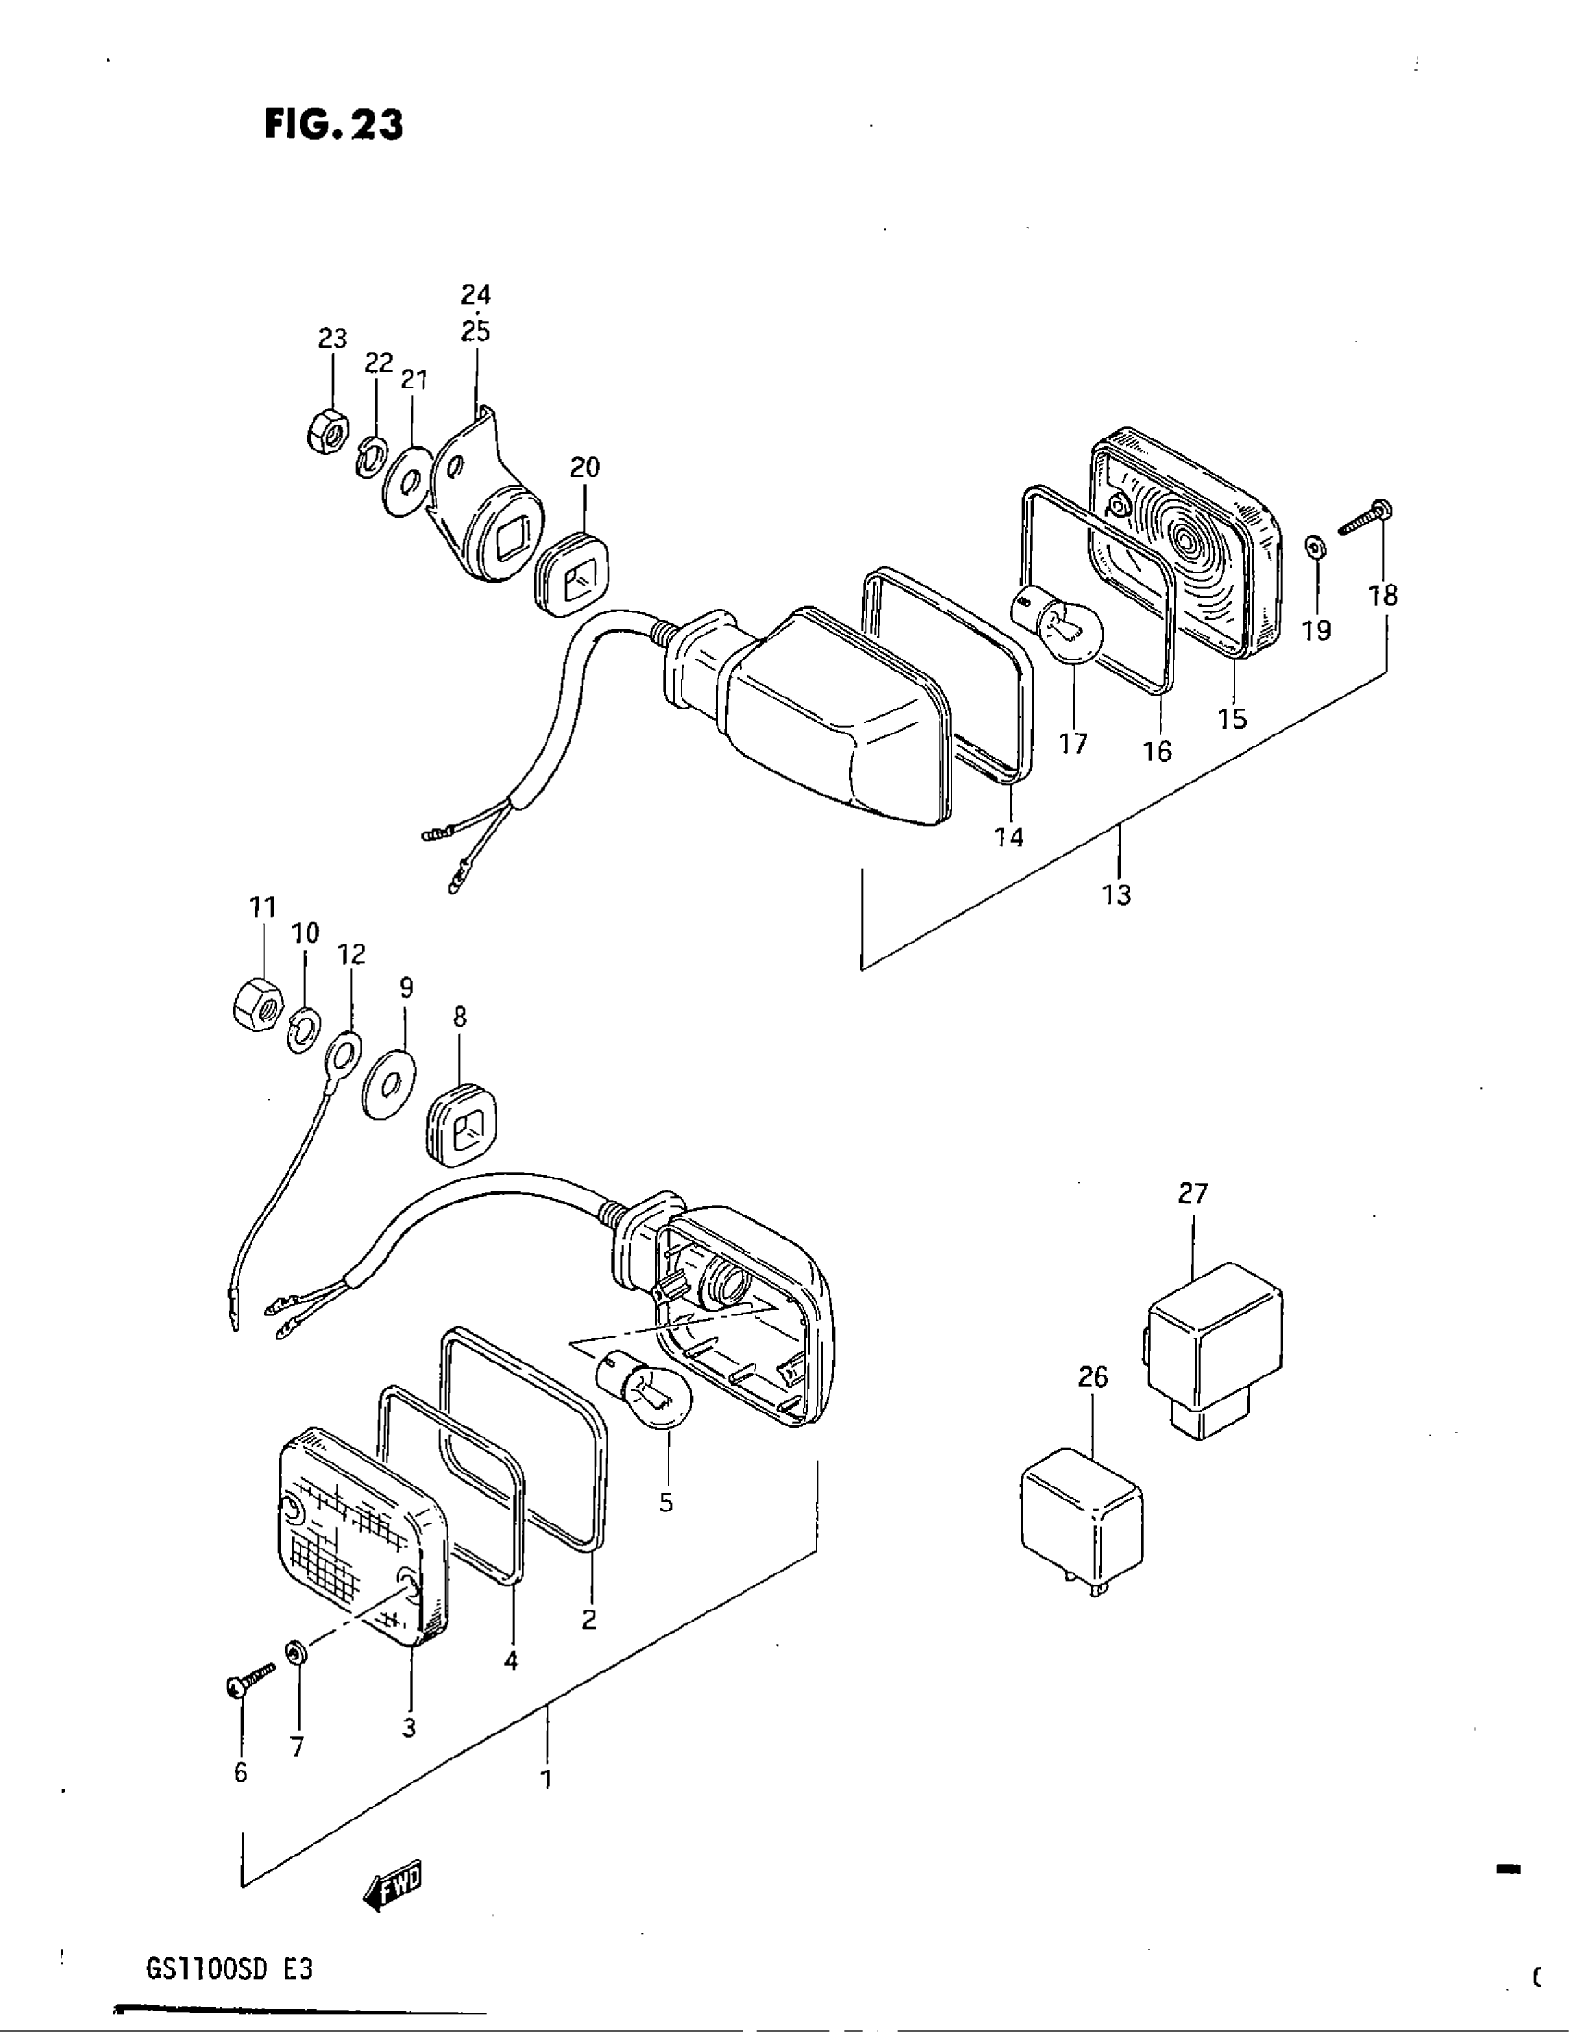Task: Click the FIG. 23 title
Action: [334, 125]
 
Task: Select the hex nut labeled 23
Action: [325, 432]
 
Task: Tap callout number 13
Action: [1117, 894]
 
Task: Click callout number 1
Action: [547, 1780]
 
